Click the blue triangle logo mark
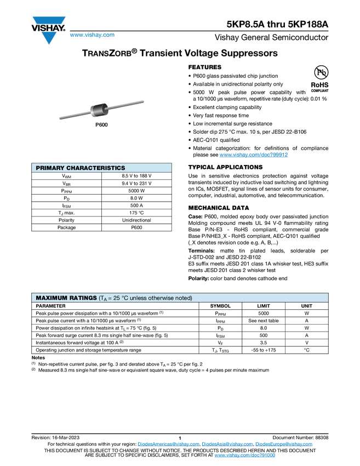coord(49,38)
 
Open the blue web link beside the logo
coord(92,36)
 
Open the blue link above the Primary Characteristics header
coord(254,155)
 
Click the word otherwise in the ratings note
coord(167,298)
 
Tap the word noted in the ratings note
coord(185,298)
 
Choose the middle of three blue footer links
coord(227,444)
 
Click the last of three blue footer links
coord(285,444)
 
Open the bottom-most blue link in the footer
coord(245,456)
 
